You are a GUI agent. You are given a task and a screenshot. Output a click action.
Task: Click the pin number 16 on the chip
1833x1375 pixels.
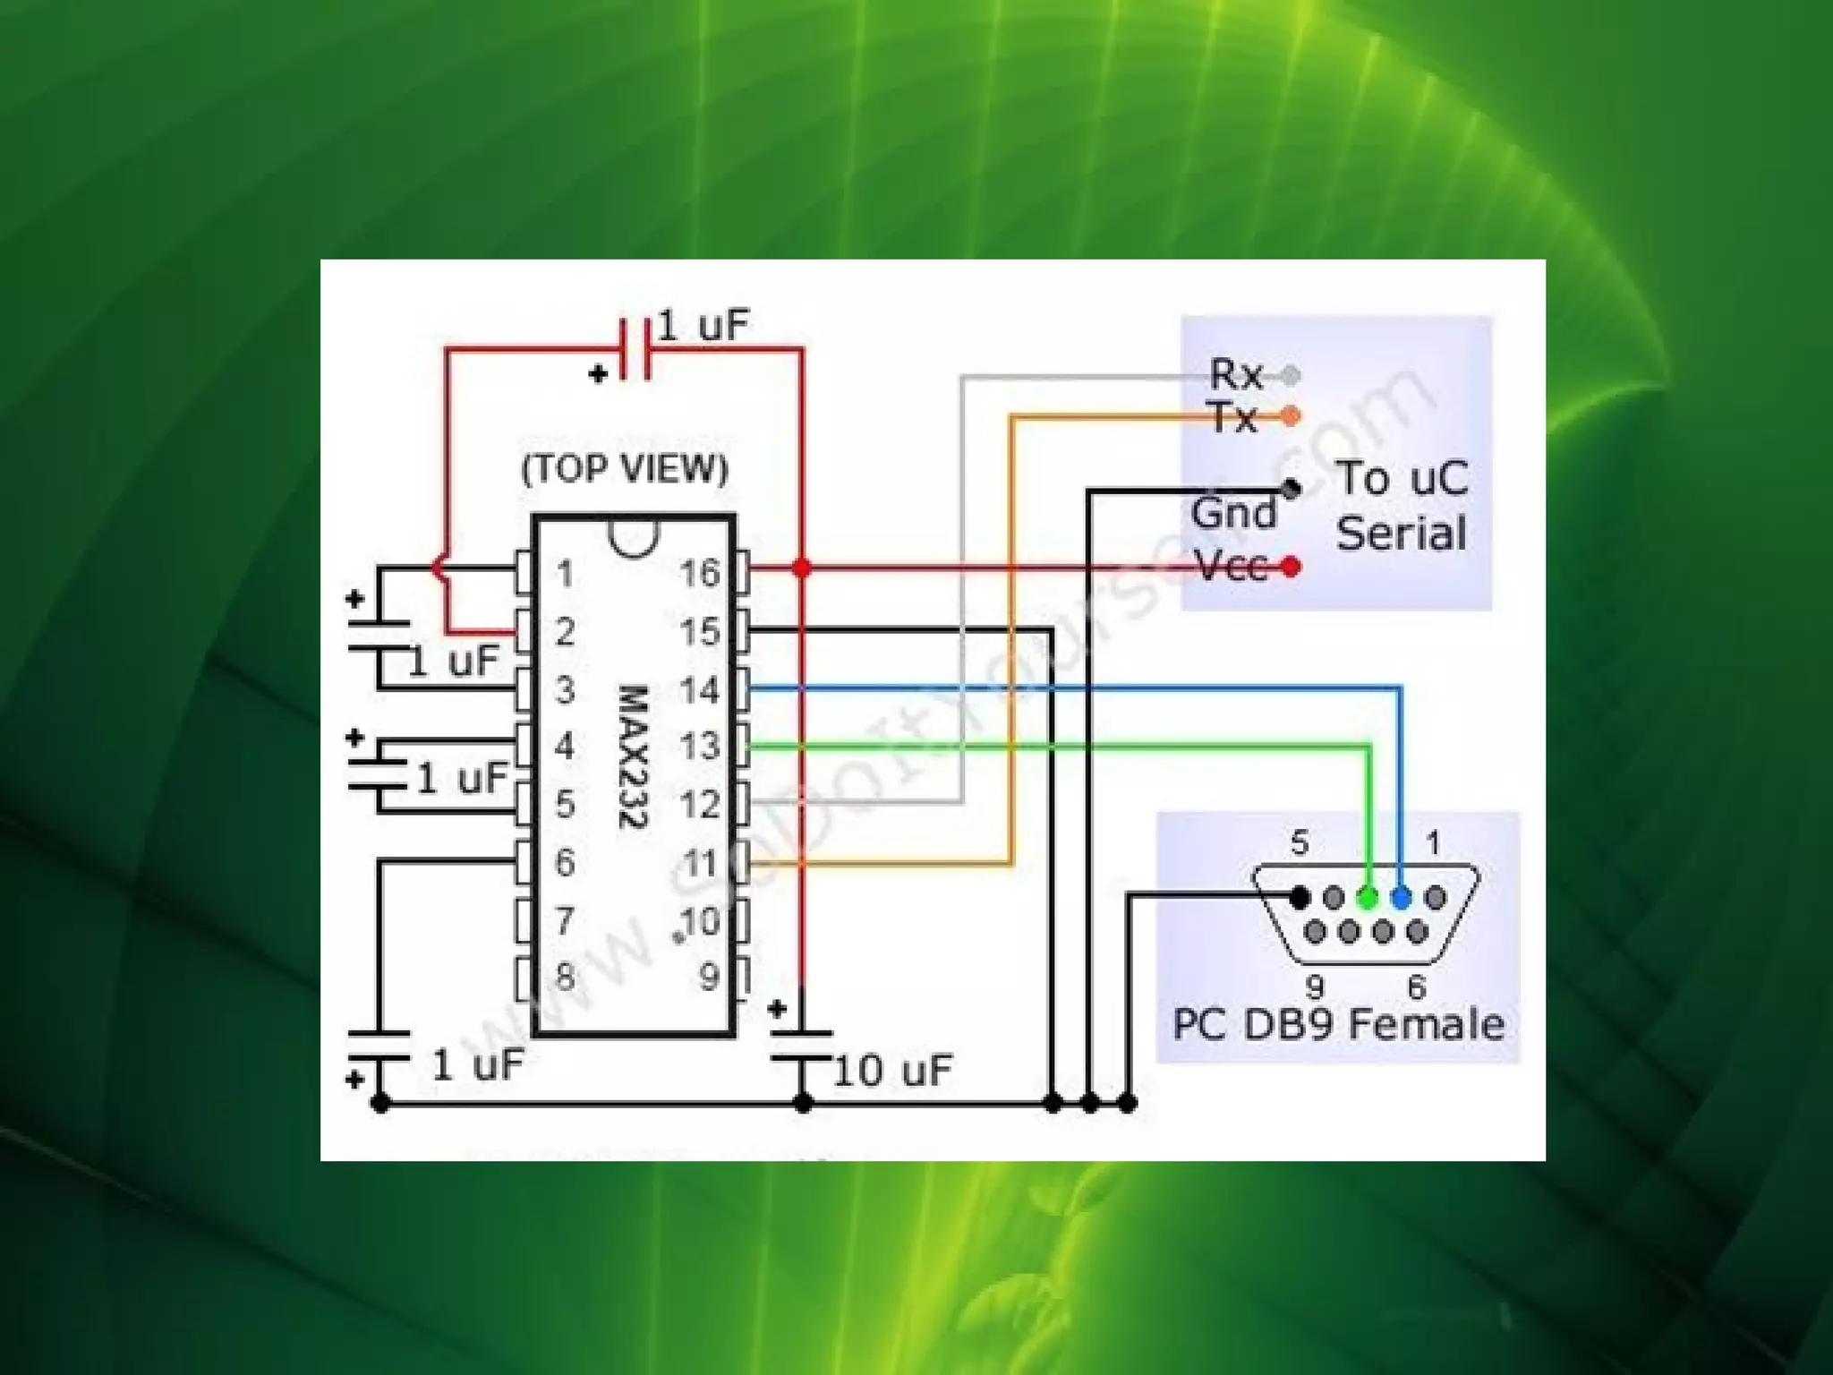[x=700, y=573]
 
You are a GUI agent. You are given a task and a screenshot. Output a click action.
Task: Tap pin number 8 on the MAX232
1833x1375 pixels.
[x=565, y=976]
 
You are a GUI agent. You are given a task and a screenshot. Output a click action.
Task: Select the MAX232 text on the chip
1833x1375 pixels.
[x=633, y=756]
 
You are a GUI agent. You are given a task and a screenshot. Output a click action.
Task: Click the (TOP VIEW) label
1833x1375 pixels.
[x=625, y=469]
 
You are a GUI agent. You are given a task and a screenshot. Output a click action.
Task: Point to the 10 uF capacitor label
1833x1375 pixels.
[x=892, y=1071]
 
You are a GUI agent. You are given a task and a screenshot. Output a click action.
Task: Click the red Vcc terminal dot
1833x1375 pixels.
[x=1291, y=567]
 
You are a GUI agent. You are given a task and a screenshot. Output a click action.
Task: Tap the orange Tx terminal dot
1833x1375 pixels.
[x=1291, y=416]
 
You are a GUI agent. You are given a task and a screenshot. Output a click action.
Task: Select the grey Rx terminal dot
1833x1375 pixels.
[x=1291, y=376]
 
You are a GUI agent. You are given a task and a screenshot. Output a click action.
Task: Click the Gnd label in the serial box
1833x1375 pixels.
[x=1233, y=514]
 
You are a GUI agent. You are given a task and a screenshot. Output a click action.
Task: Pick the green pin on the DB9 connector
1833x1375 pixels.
[x=1368, y=897]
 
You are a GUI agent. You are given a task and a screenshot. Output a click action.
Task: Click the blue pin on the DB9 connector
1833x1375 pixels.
[x=1402, y=897]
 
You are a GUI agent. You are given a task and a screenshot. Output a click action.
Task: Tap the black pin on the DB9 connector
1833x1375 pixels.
[x=1300, y=897]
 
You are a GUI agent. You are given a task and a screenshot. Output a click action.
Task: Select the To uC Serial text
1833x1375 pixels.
[x=1402, y=506]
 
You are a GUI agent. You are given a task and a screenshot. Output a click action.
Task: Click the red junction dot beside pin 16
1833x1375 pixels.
[x=802, y=568]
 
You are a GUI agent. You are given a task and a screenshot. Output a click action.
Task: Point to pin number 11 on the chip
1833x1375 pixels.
[x=700, y=864]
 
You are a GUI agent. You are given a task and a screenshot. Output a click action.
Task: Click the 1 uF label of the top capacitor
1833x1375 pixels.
[x=703, y=326]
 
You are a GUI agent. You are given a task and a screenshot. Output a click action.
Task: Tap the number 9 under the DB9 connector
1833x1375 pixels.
[x=1314, y=986]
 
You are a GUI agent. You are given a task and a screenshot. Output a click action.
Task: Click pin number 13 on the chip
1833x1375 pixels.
[x=700, y=746]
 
